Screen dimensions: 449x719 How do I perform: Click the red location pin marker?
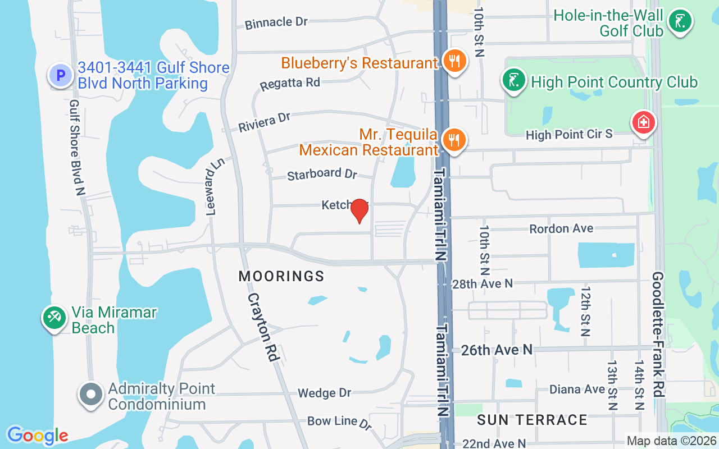[359, 211]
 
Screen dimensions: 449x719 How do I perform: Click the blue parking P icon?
[60, 75]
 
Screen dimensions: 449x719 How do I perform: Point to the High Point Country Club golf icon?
[513, 81]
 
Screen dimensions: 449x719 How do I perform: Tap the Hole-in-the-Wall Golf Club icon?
[680, 22]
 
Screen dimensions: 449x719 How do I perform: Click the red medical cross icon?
[643, 122]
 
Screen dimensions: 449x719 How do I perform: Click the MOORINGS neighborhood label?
[281, 276]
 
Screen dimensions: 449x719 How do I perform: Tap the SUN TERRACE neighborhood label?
[532, 420]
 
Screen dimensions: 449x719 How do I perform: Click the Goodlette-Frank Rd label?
[658, 335]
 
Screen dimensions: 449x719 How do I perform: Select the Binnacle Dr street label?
[276, 22]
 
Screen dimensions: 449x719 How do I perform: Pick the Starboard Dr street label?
[322, 173]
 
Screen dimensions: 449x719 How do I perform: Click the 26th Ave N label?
[497, 350]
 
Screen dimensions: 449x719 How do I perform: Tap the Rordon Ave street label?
[561, 229]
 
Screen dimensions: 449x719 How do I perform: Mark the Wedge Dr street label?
[324, 393]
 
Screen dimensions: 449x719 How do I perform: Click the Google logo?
[38, 435]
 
